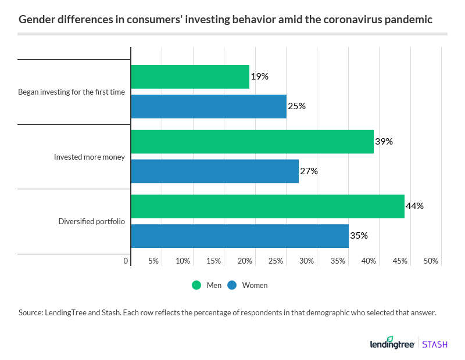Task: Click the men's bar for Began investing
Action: [190, 77]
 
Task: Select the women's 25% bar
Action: [209, 106]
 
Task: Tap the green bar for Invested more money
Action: [252, 142]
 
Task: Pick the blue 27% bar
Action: [214, 171]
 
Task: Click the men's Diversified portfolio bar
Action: [267, 206]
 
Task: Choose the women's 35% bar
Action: [239, 236]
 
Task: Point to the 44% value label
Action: [415, 206]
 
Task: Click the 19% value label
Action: [259, 77]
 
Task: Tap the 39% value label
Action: [384, 142]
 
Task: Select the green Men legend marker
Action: [196, 285]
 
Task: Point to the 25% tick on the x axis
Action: [276, 261]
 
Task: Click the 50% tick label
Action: [430, 261]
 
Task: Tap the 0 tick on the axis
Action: [126, 261]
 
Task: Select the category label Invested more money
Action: [89, 157]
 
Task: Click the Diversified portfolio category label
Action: [91, 221]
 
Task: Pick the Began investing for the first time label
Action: [71, 92]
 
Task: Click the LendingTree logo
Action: [392, 343]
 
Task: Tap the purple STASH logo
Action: [434, 344]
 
